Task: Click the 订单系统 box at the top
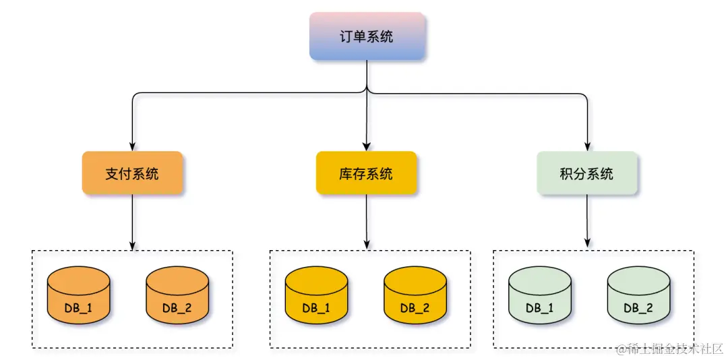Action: tap(367, 36)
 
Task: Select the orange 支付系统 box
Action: tap(132, 173)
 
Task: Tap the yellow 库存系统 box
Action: tap(366, 173)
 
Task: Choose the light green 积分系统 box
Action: tap(587, 173)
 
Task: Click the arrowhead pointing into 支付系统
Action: tap(132, 146)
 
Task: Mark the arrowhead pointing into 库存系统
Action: tap(366, 146)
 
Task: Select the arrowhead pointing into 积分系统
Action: tap(587, 146)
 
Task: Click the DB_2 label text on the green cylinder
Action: tap(638, 308)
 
